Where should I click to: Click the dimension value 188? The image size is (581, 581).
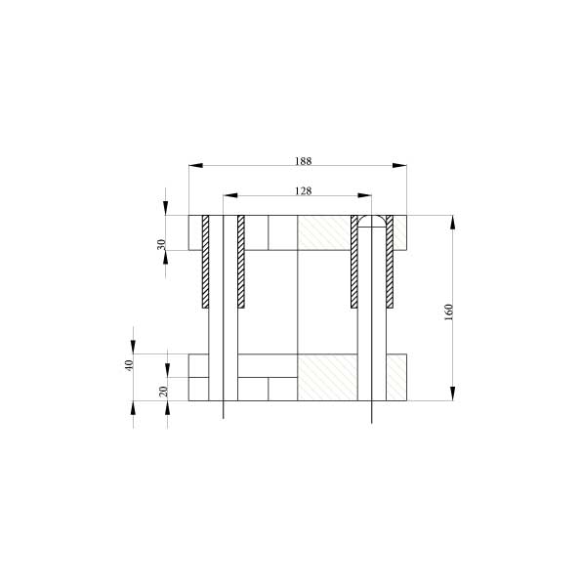(x=303, y=161)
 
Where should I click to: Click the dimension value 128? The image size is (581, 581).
(x=303, y=190)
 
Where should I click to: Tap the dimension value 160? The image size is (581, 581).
(x=449, y=312)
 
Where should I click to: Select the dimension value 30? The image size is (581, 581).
(x=161, y=244)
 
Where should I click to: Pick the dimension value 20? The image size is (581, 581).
(x=163, y=392)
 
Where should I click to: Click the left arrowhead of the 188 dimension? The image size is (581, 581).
(x=196, y=165)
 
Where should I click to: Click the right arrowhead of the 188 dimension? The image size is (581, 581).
(x=399, y=165)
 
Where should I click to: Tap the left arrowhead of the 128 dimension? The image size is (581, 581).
(x=230, y=195)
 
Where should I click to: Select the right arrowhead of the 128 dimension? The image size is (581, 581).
(x=364, y=195)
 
